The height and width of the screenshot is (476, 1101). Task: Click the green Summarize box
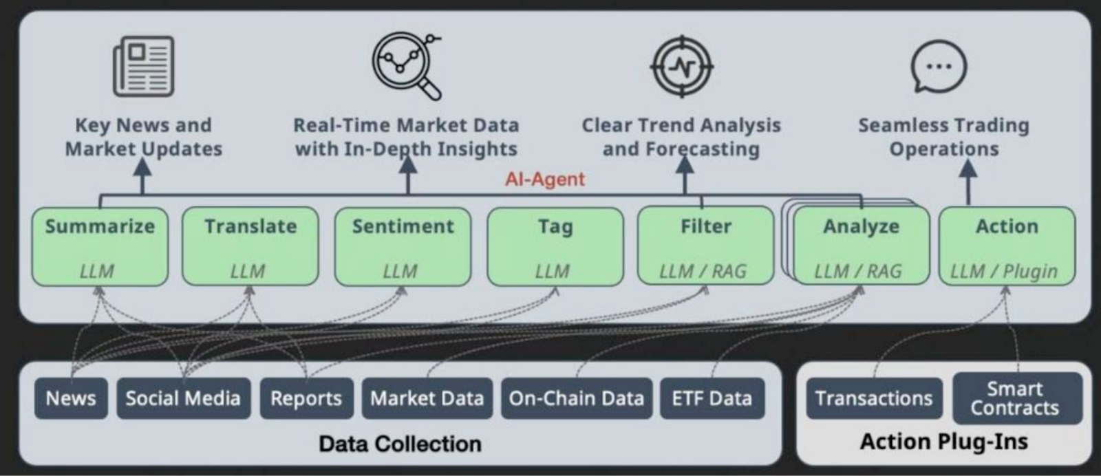tap(100, 246)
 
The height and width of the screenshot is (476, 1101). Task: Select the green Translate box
tap(250, 246)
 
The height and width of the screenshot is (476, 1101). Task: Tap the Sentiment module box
tap(403, 246)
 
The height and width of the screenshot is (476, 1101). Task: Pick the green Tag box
tap(555, 246)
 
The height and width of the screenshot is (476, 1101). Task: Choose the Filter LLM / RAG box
tap(706, 246)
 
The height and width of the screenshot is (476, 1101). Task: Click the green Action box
tap(1007, 246)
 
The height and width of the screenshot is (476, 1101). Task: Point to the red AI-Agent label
tap(545, 180)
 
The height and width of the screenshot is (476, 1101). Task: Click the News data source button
tap(72, 398)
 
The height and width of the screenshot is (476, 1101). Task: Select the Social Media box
tap(183, 398)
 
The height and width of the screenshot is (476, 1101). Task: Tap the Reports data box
tap(306, 398)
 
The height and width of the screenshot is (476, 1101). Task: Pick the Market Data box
tap(427, 398)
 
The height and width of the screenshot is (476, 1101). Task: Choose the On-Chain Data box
tap(577, 398)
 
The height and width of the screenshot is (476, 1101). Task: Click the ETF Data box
tap(712, 398)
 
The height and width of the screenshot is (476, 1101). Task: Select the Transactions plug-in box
tap(875, 398)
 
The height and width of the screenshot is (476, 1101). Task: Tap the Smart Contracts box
tap(1018, 398)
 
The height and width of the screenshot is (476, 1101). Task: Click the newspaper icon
tap(144, 66)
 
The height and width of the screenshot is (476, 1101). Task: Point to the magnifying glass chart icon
tap(407, 66)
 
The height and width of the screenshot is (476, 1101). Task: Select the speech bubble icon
tap(939, 66)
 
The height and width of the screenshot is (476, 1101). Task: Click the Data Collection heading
tap(400, 444)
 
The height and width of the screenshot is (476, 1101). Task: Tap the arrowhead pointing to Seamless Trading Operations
tap(968, 168)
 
